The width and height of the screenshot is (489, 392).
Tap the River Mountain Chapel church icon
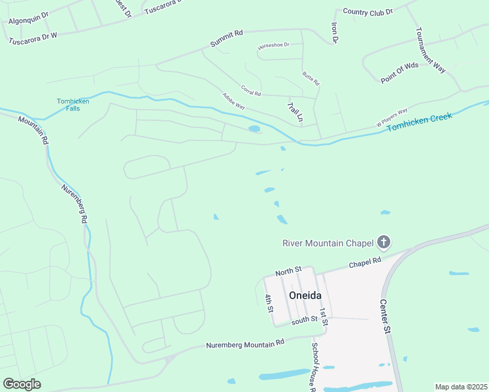pyautogui.click(x=384, y=243)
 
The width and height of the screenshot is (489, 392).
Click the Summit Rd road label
pyautogui.click(x=226, y=38)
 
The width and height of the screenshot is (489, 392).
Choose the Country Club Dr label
pyautogui.click(x=367, y=12)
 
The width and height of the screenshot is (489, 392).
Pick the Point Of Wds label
pyautogui.click(x=399, y=72)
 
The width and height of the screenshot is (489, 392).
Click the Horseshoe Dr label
pyautogui.click(x=273, y=46)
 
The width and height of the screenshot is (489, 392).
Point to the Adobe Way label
pyautogui.click(x=233, y=101)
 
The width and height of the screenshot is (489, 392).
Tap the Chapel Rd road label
pyautogui.click(x=364, y=262)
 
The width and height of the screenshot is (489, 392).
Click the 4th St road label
pyautogui.click(x=269, y=303)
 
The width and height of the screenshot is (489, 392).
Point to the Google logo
pyautogui.click(x=22, y=384)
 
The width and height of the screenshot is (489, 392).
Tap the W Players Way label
pyautogui.click(x=392, y=116)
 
